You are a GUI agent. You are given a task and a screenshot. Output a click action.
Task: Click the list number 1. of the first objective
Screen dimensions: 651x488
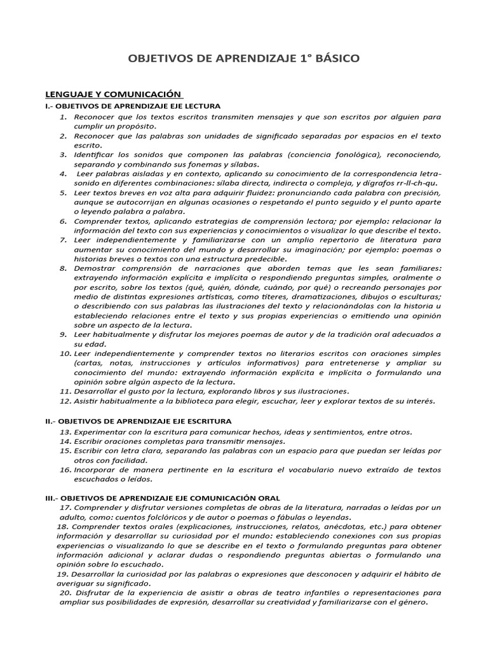coord(64,118)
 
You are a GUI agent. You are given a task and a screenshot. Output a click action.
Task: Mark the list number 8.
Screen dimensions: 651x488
coord(64,268)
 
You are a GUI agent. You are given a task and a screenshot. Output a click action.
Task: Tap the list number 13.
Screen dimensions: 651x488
coord(65,432)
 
